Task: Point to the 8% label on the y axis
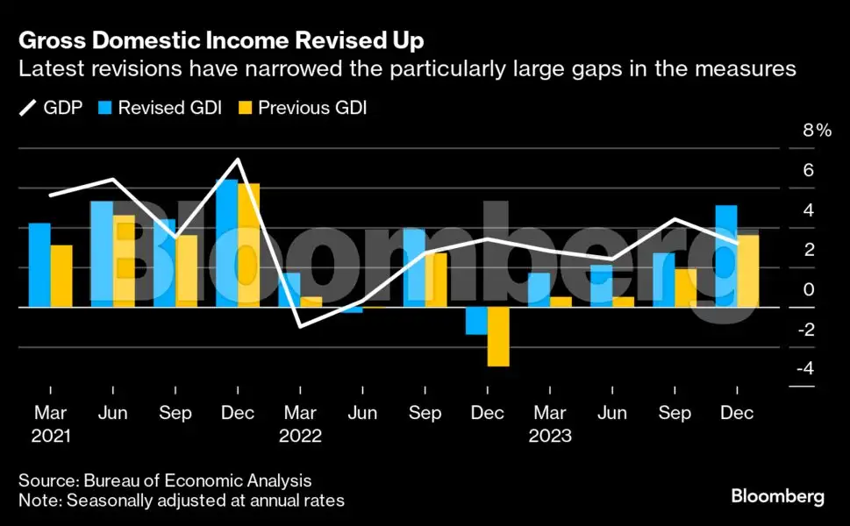pos(817,131)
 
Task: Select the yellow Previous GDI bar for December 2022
pos(498,337)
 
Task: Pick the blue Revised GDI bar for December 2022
pos(476,321)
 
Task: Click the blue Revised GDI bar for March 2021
pos(39,265)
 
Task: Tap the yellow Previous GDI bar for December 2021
pos(249,245)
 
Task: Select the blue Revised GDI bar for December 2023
pos(726,256)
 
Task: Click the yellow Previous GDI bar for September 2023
pos(686,288)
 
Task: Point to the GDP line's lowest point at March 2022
pos(300,327)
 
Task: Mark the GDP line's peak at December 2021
pos(237,160)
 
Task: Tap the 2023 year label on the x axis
pos(550,436)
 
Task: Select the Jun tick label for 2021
pos(112,413)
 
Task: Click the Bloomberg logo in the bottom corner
pos(777,497)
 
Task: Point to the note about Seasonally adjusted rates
pos(182,501)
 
